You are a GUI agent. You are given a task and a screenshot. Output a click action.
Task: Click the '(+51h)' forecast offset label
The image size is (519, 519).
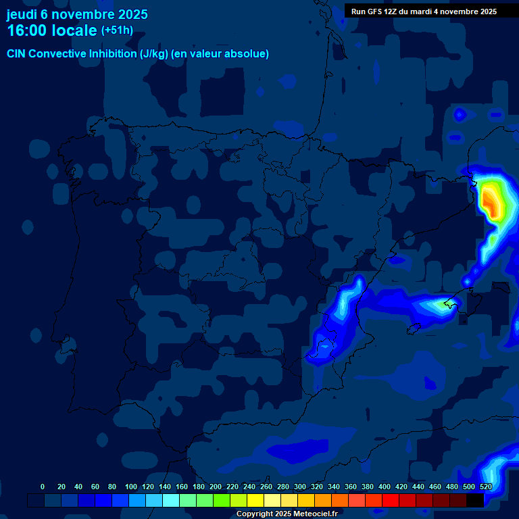click(117, 30)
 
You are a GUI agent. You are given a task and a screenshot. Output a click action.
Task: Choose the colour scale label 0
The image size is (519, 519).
click(43, 487)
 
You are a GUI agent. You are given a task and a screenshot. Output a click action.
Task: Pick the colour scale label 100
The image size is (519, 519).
click(131, 487)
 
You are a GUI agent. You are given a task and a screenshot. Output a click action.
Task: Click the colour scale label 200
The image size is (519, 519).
click(216, 487)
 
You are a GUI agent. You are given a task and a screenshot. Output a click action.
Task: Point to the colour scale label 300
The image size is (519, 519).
click(300, 487)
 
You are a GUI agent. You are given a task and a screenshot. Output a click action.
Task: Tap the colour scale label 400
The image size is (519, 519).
click(385, 487)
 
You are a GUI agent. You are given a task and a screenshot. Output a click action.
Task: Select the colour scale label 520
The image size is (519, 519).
click(485, 487)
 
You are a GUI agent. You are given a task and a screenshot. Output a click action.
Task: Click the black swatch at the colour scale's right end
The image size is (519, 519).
click(475, 500)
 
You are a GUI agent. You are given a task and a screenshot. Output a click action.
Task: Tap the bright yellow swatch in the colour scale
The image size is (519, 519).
click(255, 500)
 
